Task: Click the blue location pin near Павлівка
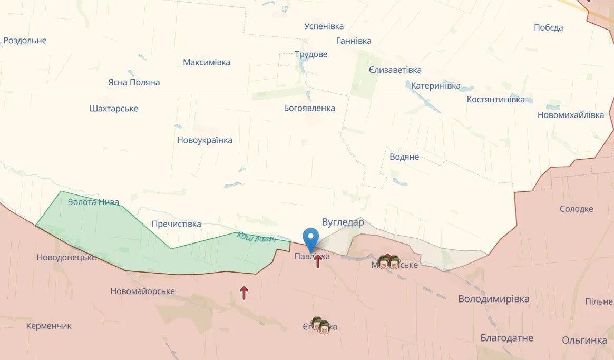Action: coord(311,238)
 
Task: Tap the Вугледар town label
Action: coord(343,222)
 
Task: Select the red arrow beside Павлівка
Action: coord(318,261)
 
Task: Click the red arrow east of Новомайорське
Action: coord(244,293)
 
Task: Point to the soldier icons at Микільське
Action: coord(389,261)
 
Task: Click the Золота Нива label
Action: coord(93,202)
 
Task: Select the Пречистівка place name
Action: coord(176,224)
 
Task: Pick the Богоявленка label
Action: coord(309,108)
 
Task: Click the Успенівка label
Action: coord(324,26)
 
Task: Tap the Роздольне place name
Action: coord(25,41)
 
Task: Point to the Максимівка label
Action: coord(207,62)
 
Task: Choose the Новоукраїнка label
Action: coord(204,140)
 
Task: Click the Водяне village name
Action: coord(404,157)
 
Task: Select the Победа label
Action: coord(548,27)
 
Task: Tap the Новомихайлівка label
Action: coord(571,115)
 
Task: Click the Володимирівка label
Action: coord(493,299)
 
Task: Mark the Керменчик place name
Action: coord(49,326)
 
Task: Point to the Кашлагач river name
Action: coord(257,238)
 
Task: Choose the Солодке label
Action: coord(576,209)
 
